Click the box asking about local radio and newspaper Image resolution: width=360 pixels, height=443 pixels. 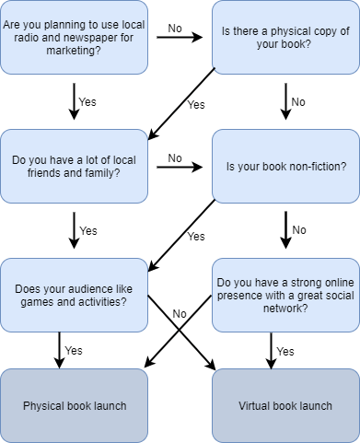(74, 37)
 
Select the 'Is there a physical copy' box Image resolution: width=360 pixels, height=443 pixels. (285, 37)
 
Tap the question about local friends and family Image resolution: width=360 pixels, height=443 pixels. (74, 166)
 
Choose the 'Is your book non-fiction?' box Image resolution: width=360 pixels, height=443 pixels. (285, 166)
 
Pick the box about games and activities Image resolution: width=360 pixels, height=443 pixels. (74, 295)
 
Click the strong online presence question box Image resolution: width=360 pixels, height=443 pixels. (285, 295)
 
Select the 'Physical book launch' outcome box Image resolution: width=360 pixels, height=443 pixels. (74, 405)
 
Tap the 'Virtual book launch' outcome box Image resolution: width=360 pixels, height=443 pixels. (285, 405)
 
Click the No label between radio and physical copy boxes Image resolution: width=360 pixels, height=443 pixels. (175, 29)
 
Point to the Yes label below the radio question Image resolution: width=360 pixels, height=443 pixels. (88, 102)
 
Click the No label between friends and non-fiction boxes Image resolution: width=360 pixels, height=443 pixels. (175, 157)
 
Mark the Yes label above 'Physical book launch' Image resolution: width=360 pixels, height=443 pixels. (74, 351)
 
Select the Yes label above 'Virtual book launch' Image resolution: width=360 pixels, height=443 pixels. (285, 351)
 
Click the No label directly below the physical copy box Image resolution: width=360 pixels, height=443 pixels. (299, 102)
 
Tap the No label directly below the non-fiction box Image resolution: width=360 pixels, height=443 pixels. (299, 230)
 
